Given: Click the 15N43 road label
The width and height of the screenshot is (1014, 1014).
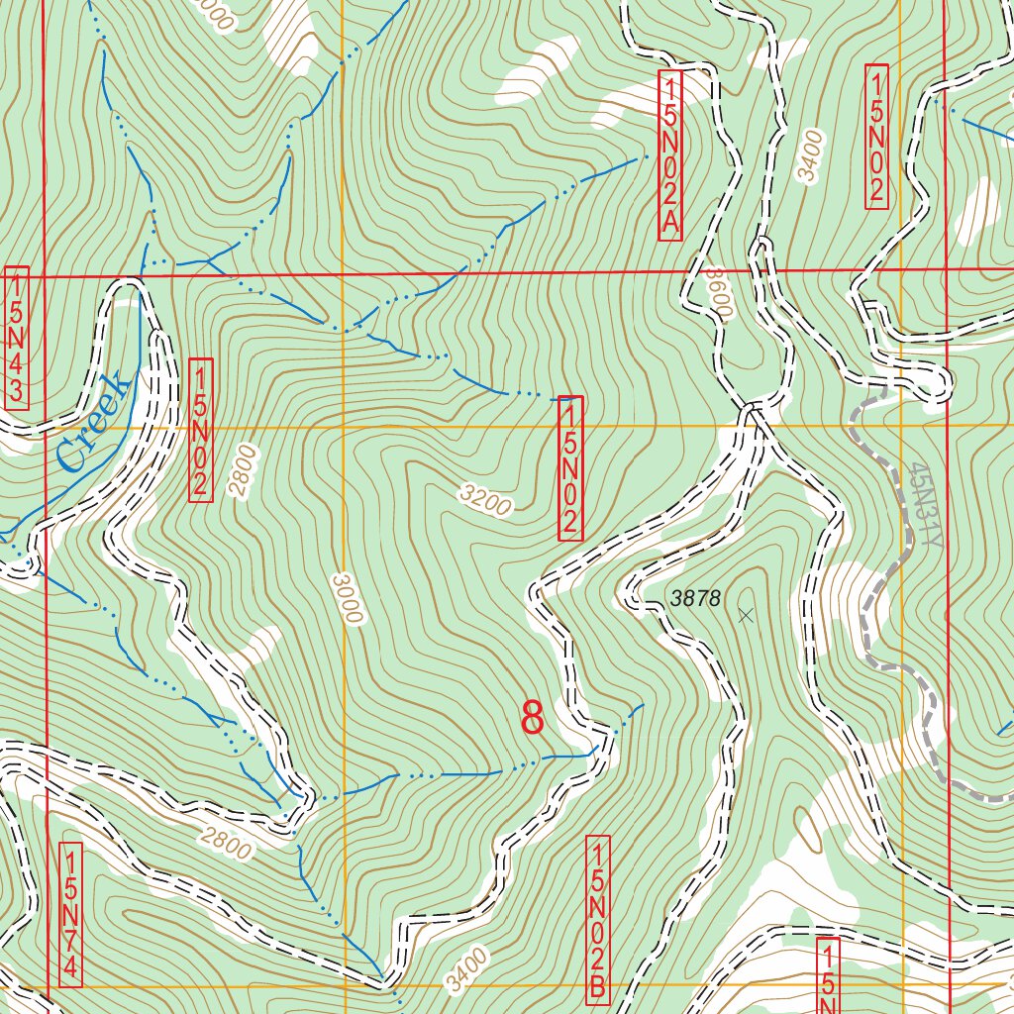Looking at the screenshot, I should pyautogui.click(x=17, y=337).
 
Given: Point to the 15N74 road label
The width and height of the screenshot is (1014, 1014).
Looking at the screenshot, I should pyautogui.click(x=70, y=914).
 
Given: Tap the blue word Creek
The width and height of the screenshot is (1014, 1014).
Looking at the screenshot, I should pyautogui.click(x=94, y=421).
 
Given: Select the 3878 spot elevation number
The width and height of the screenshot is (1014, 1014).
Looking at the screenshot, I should pyautogui.click(x=695, y=598).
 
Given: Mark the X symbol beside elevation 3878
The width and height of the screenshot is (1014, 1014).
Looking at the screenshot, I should pyautogui.click(x=746, y=615).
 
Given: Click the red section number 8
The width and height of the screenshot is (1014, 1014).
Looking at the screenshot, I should pyautogui.click(x=533, y=718).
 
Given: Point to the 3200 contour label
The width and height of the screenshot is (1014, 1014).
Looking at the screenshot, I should pyautogui.click(x=485, y=502).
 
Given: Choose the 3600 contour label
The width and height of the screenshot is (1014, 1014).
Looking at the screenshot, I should pyautogui.click(x=716, y=292).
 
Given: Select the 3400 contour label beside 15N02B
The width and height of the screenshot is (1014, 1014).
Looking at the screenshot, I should pyautogui.click(x=466, y=969).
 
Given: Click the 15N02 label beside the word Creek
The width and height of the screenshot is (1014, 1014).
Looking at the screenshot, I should pyautogui.click(x=200, y=430).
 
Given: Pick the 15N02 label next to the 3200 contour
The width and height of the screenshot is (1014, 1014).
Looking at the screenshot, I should pyautogui.click(x=570, y=467).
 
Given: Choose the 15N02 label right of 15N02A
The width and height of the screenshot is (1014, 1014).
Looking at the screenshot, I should pyautogui.click(x=876, y=137).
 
